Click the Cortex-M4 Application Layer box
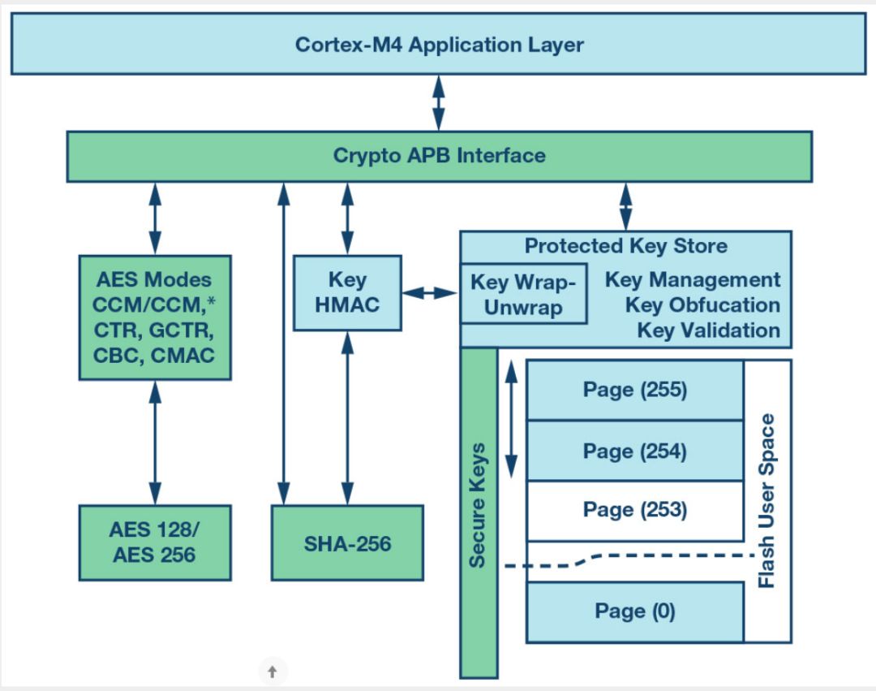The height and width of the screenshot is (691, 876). click(438, 44)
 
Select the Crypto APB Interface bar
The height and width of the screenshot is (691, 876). click(438, 156)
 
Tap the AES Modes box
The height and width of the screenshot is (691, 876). click(155, 317)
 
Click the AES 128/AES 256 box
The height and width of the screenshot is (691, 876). click(155, 542)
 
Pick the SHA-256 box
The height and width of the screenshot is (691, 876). click(347, 542)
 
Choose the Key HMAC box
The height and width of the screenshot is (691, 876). click(347, 292)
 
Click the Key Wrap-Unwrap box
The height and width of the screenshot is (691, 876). click(523, 294)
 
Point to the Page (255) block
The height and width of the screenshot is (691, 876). click(634, 390)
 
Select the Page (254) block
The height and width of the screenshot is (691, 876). click(634, 451)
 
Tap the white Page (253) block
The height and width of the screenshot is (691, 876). click(634, 511)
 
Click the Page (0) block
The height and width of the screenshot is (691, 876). click(634, 611)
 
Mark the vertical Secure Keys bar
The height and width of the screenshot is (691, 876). click(479, 512)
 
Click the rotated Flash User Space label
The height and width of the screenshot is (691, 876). click(766, 500)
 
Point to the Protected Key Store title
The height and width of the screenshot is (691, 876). click(625, 246)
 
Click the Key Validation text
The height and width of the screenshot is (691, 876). click(708, 330)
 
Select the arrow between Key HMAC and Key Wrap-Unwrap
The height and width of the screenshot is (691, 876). click(431, 292)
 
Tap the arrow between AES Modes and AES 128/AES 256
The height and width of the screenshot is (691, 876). click(155, 443)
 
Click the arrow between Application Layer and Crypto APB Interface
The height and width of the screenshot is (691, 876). click(439, 102)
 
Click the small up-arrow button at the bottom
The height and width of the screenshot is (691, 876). click(273, 672)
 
